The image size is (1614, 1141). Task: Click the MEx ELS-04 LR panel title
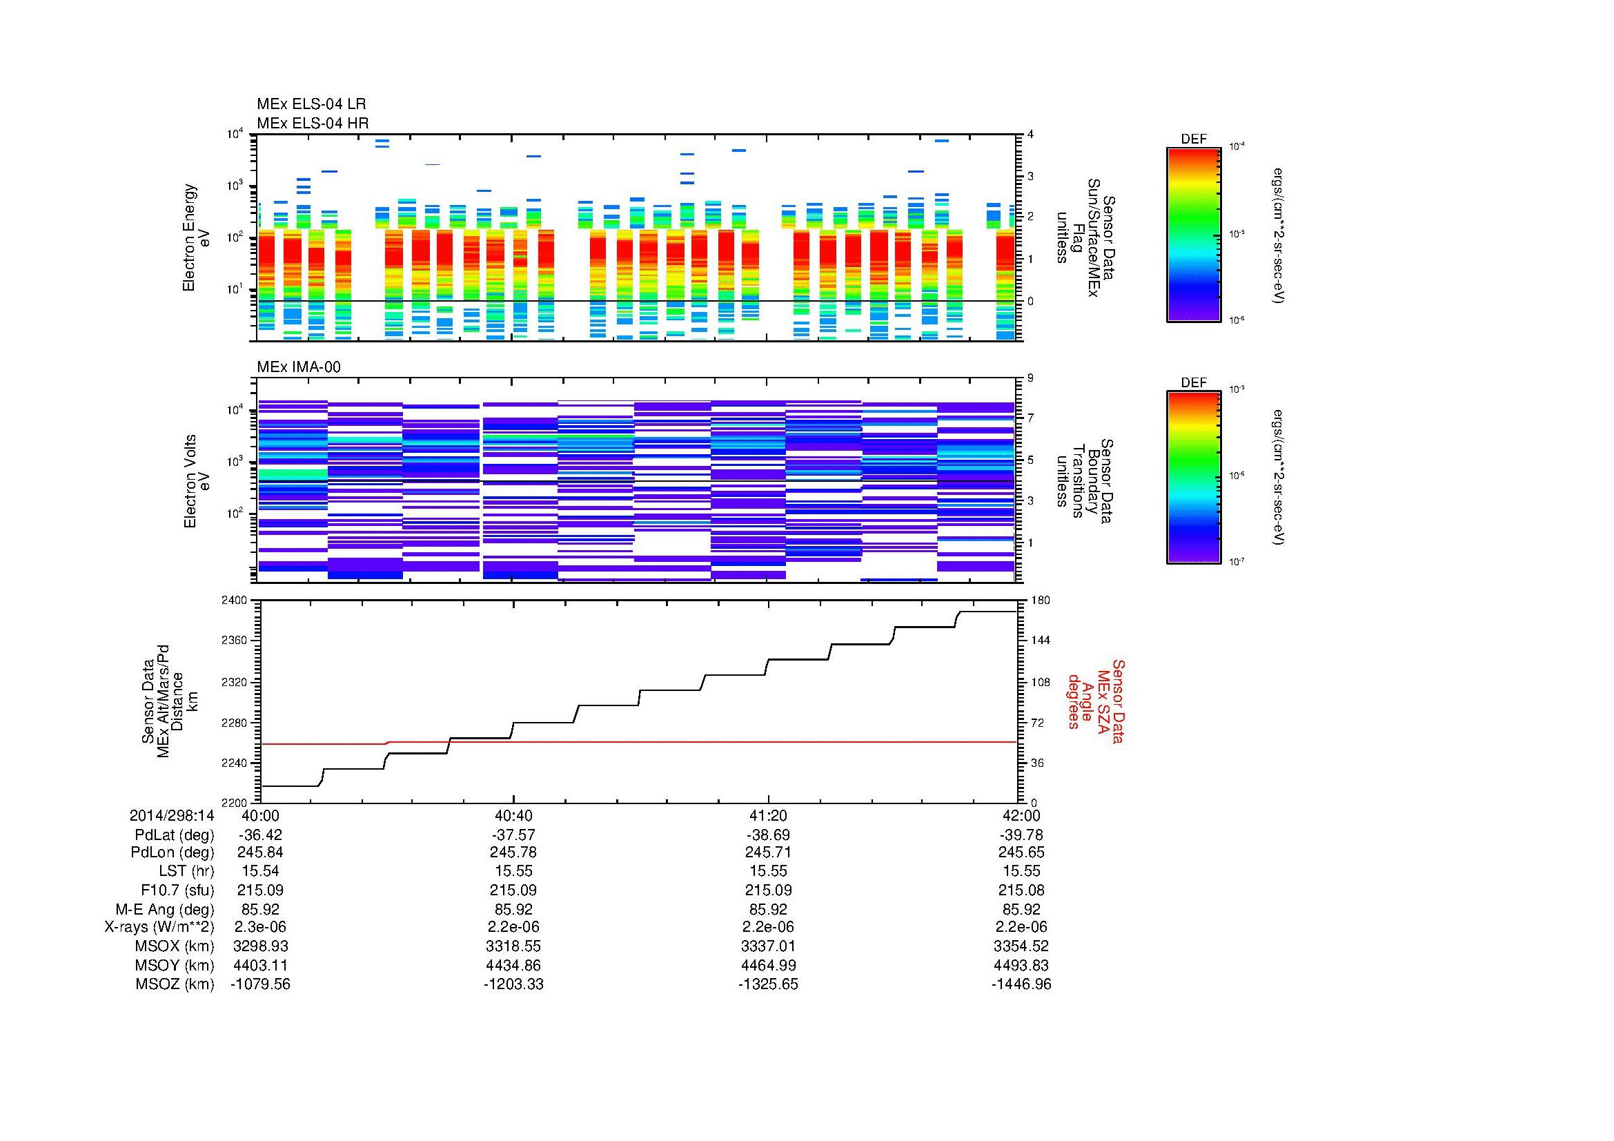click(x=311, y=104)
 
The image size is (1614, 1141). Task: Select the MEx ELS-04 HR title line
click(x=312, y=123)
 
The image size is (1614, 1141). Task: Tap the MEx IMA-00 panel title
click(x=299, y=367)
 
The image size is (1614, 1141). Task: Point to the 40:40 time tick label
click(x=513, y=815)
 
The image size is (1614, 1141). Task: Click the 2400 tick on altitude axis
click(x=234, y=601)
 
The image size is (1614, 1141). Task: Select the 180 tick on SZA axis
click(x=1041, y=601)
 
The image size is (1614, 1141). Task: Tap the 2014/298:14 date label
click(x=172, y=815)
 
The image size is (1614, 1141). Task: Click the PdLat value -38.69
click(x=767, y=835)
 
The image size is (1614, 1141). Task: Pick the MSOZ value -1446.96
click(x=1021, y=984)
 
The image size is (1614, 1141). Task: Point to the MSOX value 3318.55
click(x=513, y=946)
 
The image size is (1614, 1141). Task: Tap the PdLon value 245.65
click(x=1021, y=852)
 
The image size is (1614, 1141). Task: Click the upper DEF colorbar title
click(x=1193, y=139)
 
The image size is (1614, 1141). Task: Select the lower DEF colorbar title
click(x=1193, y=382)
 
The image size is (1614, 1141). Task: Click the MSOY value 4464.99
click(x=767, y=965)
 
